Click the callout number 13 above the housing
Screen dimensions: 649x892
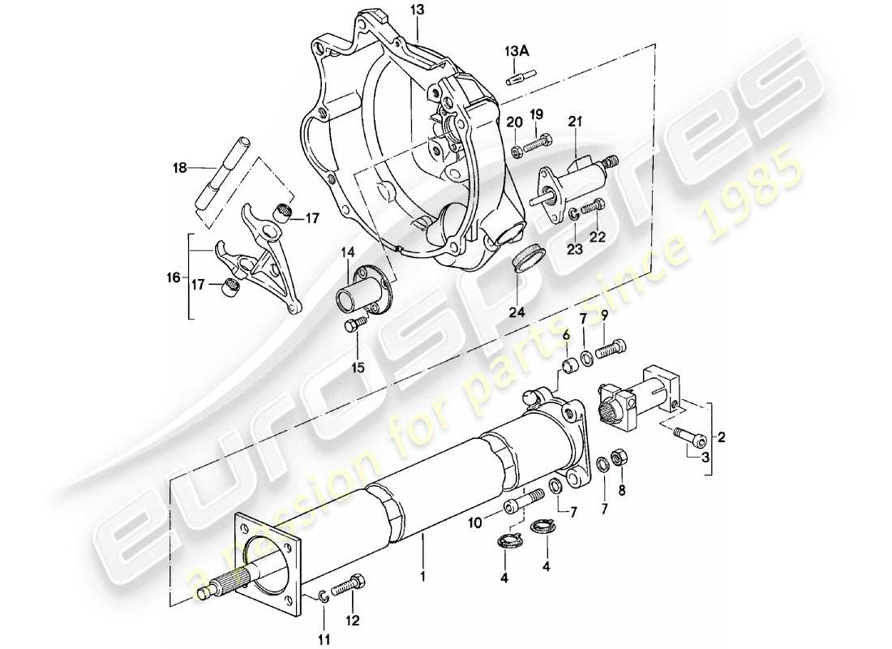coord(416,10)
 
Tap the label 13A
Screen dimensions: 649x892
coord(517,52)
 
